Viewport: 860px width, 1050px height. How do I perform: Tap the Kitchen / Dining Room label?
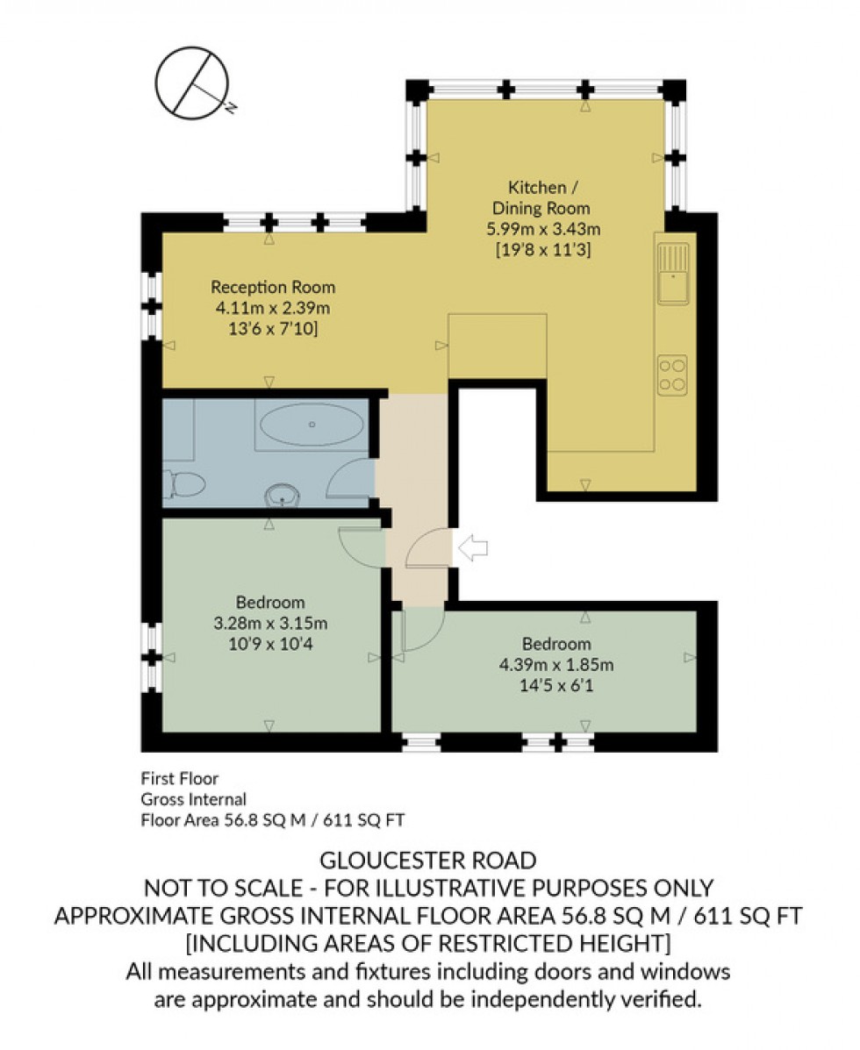tap(549, 197)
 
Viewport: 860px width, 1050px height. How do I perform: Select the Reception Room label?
tap(273, 287)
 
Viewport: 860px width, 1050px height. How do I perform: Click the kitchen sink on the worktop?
tap(673, 274)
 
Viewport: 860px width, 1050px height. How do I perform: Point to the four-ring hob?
tap(672, 374)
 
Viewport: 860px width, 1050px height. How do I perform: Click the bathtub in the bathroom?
tap(312, 425)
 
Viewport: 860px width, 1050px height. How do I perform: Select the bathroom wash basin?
tap(283, 493)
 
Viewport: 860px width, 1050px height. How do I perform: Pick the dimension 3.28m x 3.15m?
tap(270, 624)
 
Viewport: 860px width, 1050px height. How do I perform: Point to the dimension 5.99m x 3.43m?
tap(549, 230)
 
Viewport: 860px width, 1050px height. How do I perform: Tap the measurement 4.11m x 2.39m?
tap(273, 308)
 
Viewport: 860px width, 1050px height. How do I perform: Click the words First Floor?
tap(180, 778)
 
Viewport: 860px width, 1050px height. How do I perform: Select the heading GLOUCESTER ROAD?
tap(429, 860)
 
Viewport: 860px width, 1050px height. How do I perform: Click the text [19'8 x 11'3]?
tap(549, 251)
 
